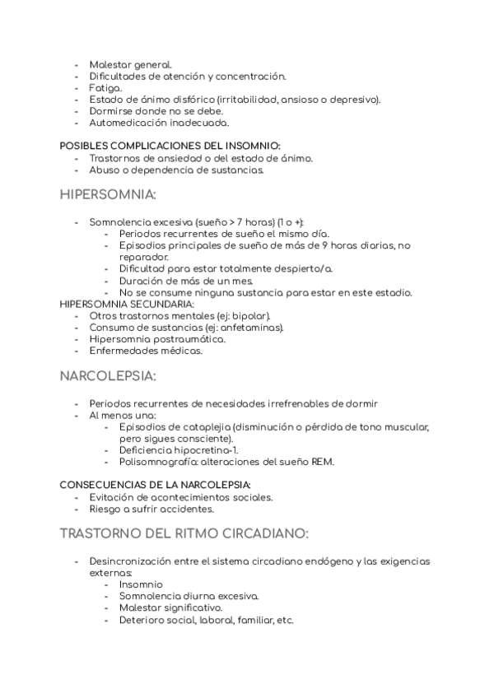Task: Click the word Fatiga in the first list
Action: click(105, 87)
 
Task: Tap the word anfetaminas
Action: click(254, 327)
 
